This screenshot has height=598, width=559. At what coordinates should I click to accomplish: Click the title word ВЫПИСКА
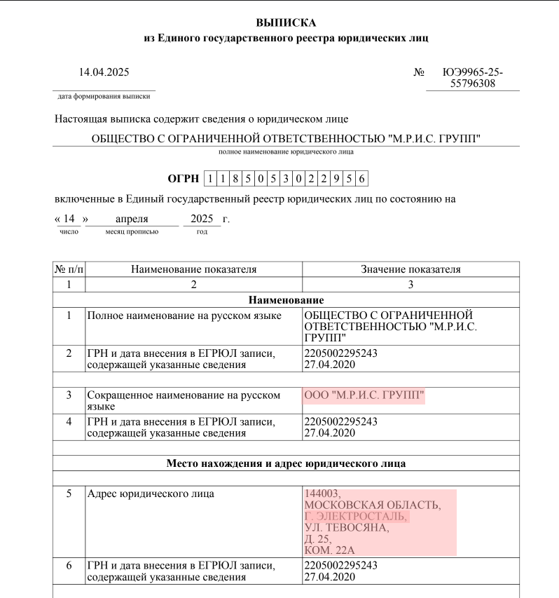(287, 23)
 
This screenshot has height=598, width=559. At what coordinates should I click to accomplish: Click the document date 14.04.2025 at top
(104, 72)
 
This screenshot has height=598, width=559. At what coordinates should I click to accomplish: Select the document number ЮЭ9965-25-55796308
(473, 78)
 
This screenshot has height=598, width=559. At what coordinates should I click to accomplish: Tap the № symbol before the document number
(420, 72)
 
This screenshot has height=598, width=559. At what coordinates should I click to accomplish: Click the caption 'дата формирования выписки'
(104, 96)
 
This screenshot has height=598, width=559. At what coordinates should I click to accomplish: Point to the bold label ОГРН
(184, 179)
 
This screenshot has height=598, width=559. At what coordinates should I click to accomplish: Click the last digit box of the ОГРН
(361, 179)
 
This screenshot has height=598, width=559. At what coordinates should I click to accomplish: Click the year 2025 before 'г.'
(201, 219)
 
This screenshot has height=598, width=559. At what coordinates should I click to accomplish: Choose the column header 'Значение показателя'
(410, 269)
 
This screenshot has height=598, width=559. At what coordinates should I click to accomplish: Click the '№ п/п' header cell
(69, 269)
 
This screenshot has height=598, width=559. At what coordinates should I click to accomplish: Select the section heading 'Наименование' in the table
(286, 300)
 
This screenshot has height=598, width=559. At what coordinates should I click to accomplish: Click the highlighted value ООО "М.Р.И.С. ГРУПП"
(364, 395)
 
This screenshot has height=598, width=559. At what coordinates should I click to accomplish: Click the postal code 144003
(322, 494)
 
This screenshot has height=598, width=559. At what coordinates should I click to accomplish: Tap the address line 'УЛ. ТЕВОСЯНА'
(346, 528)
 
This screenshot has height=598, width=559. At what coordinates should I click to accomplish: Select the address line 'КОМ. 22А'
(331, 550)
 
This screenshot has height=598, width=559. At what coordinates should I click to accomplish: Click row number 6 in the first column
(69, 565)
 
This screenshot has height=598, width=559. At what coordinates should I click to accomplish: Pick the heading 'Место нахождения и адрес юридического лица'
(286, 463)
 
